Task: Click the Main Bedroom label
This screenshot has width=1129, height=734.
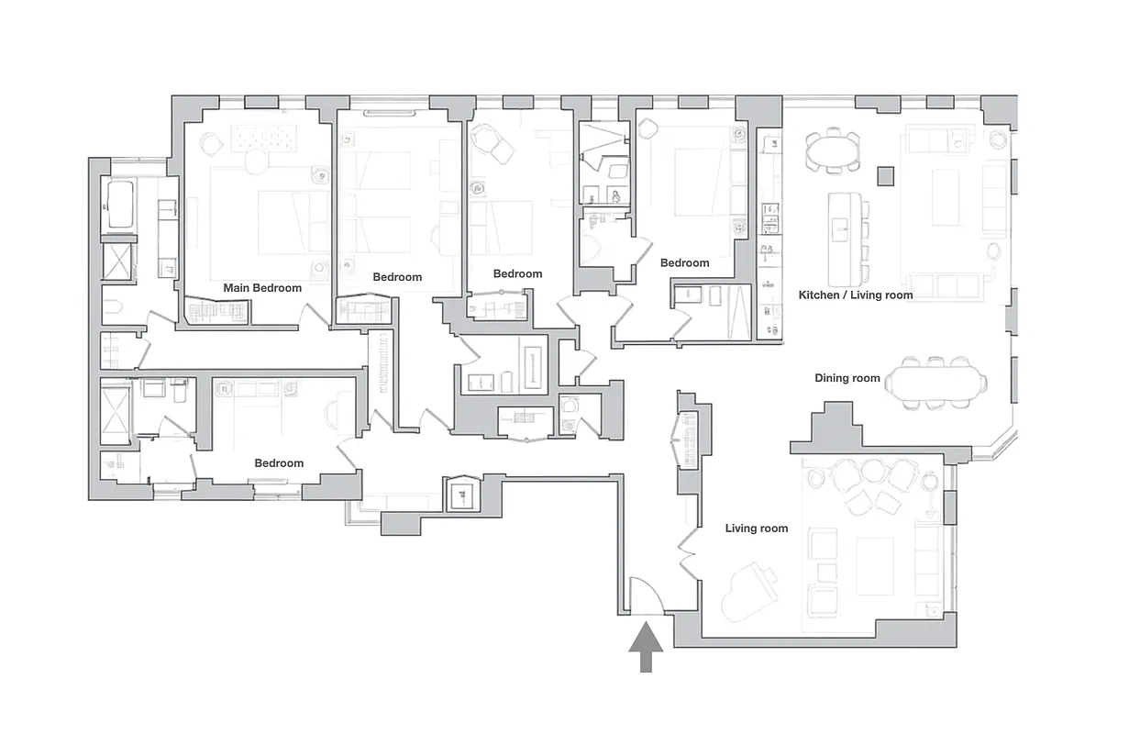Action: click(x=262, y=288)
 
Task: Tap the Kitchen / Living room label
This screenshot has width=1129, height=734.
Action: click(x=856, y=295)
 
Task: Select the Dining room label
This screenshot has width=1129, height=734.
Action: click(x=847, y=378)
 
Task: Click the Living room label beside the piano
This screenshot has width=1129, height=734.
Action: click(x=757, y=528)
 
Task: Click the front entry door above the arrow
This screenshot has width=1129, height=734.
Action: click(x=646, y=596)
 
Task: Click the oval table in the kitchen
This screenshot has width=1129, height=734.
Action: click(x=833, y=151)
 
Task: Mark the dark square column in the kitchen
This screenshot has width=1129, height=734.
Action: click(x=884, y=174)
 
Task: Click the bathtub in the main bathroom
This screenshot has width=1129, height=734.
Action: click(x=120, y=205)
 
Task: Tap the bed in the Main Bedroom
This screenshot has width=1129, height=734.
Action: click(x=268, y=221)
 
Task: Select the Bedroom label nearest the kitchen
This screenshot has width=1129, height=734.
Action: click(x=685, y=263)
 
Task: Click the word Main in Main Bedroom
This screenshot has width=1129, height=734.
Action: click(x=238, y=288)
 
